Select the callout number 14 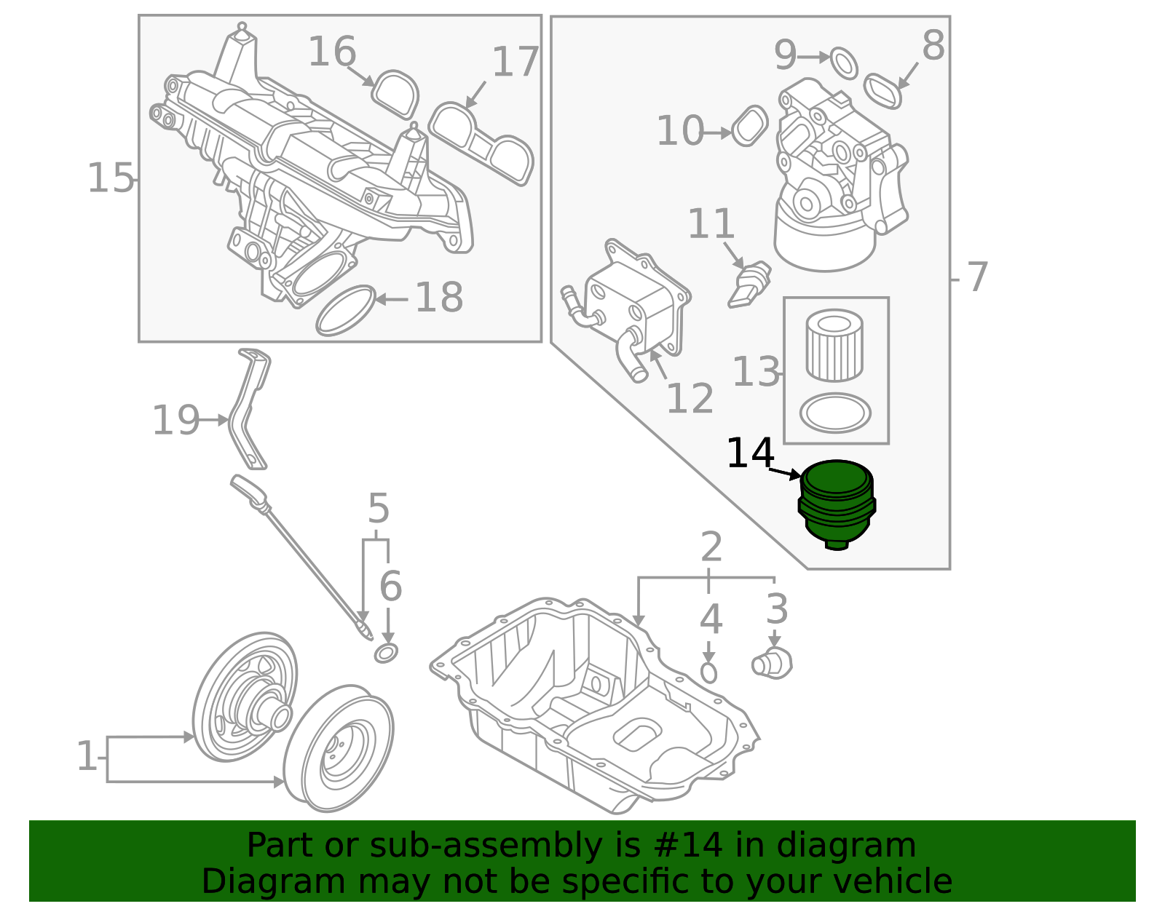[x=750, y=453]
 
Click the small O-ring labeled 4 [x=708, y=672]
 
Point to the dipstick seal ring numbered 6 [x=386, y=653]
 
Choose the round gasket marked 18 [x=346, y=310]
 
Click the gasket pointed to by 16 [x=395, y=93]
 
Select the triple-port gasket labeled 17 [x=481, y=143]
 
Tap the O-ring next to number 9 [x=844, y=63]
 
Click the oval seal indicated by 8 [x=883, y=90]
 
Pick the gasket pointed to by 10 [x=749, y=126]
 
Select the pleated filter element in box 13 [x=835, y=345]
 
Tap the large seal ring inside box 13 [x=835, y=413]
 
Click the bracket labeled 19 [x=248, y=408]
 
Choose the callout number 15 [x=111, y=178]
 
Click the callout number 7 [x=976, y=277]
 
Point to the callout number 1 [x=86, y=757]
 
